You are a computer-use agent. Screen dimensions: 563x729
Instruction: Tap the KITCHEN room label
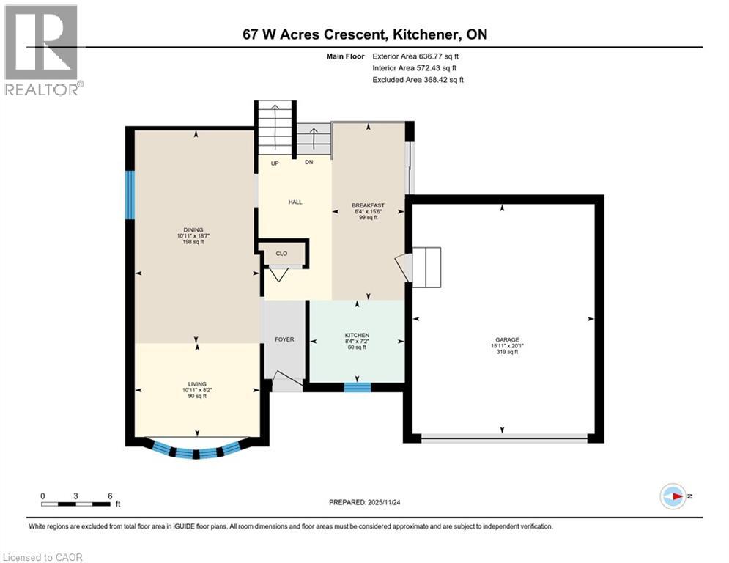tap(357, 335)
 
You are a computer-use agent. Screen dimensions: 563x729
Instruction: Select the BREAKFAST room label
tap(368, 205)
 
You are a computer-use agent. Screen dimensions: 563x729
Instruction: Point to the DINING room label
tap(194, 229)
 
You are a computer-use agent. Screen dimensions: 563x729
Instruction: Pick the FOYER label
tap(284, 339)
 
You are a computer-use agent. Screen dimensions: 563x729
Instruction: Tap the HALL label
tap(295, 202)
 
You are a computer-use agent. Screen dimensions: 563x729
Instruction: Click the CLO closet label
tap(281, 254)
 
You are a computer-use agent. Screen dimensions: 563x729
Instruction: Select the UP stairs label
tap(275, 163)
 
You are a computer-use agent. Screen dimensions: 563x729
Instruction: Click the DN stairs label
tap(309, 163)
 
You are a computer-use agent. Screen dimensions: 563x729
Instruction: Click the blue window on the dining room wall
tap(130, 194)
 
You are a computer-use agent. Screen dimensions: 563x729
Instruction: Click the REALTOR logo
tap(42, 49)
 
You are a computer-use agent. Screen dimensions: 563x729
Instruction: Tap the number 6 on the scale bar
tap(109, 496)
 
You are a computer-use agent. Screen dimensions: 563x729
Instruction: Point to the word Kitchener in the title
tap(430, 34)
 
